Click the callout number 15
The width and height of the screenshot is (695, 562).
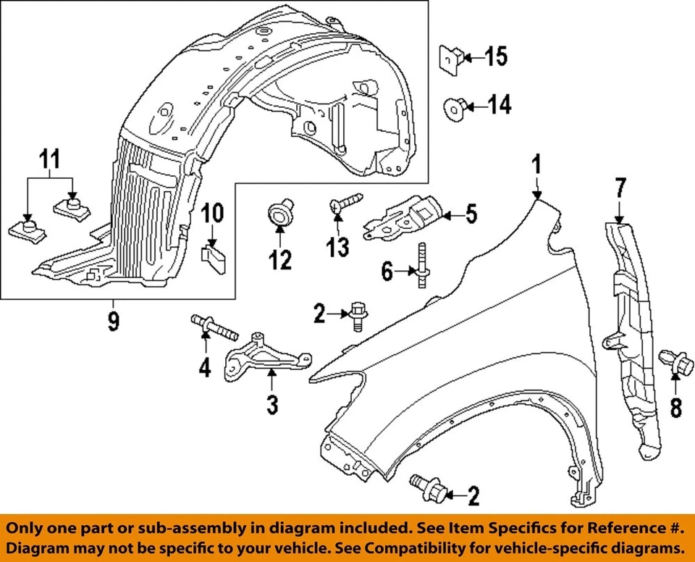pyautogui.click(x=496, y=56)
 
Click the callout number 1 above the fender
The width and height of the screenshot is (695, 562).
pyautogui.click(x=536, y=166)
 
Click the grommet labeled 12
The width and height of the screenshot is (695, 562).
pyautogui.click(x=279, y=214)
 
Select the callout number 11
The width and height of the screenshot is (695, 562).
pyautogui.click(x=50, y=157)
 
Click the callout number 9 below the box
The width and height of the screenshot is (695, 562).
pyautogui.click(x=113, y=321)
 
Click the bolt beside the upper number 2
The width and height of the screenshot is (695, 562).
pyautogui.click(x=356, y=316)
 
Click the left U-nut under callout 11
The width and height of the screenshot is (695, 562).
pyautogui.click(x=25, y=230)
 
